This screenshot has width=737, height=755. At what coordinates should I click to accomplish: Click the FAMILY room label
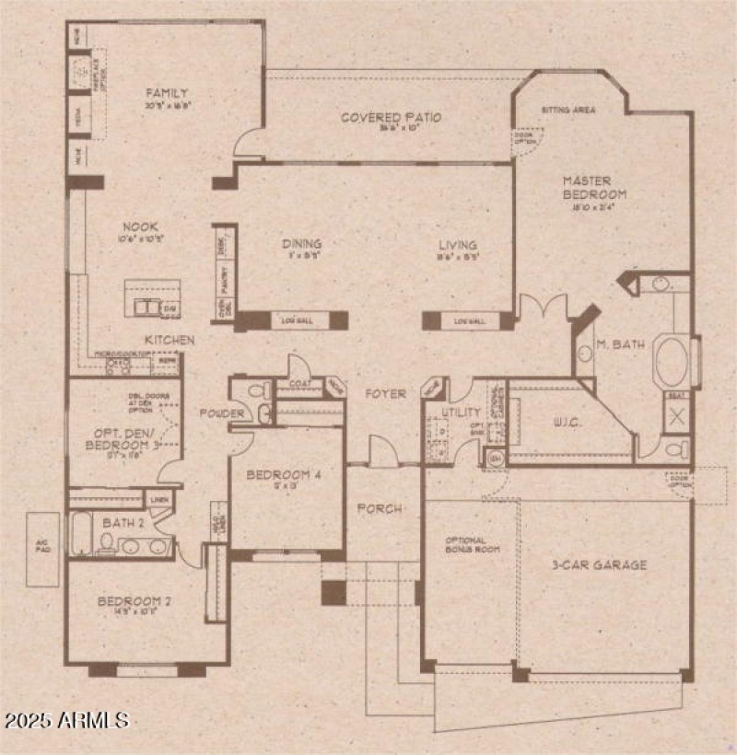pos(167,93)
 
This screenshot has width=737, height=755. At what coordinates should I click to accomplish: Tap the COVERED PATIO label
pos(391,118)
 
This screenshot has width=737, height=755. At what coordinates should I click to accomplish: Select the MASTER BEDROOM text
pos(595,188)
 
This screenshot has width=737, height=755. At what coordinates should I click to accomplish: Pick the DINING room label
pos(302,244)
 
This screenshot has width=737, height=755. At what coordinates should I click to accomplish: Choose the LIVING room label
pos(458,245)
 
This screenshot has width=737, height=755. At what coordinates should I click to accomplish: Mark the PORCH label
pos(380,508)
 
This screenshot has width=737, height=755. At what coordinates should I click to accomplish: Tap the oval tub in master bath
pos(673,362)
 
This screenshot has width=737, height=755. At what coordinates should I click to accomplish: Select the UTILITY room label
pos(461,412)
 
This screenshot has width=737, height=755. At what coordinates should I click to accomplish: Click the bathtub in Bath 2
pos(80,534)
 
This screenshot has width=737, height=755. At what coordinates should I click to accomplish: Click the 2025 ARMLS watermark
pos(65,718)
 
